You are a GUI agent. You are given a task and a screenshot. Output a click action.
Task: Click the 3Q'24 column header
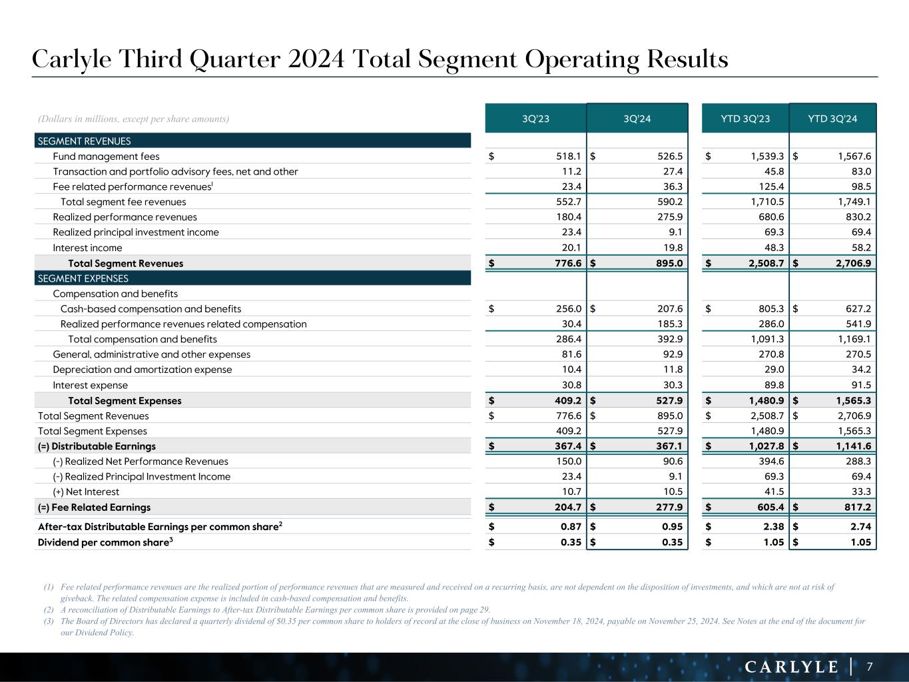tap(637, 119)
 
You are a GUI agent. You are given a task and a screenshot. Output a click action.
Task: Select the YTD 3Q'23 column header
tap(745, 119)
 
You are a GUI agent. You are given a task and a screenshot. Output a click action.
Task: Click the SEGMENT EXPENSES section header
tap(83, 278)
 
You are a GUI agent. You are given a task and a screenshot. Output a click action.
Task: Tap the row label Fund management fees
tap(106, 157)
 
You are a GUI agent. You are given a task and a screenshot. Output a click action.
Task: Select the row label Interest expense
tap(90, 385)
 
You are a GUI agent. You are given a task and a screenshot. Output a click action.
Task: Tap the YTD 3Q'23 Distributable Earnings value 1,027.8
tap(764, 446)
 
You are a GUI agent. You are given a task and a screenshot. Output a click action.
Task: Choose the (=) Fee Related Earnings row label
tap(94, 508)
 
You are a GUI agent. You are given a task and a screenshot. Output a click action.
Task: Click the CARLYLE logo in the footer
tap(791, 667)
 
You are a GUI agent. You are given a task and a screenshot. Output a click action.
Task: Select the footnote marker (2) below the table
tap(49, 609)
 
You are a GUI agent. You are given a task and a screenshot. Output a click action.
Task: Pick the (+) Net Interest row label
tap(86, 492)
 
